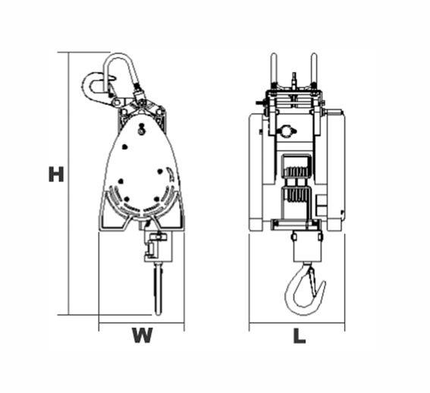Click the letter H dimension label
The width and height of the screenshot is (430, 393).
tap(55, 174)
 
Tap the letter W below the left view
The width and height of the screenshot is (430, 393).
tap(141, 335)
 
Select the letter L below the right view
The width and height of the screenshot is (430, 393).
tap(300, 335)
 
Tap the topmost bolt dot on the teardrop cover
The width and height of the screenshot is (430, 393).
tap(142, 130)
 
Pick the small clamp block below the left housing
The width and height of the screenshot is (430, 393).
tap(157, 247)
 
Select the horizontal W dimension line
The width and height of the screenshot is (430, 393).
tap(141, 324)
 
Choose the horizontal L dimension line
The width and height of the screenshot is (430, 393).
tap(297, 324)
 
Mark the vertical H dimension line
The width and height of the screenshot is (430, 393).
tap(69, 182)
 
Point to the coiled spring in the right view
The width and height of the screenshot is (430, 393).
tap(295, 186)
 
